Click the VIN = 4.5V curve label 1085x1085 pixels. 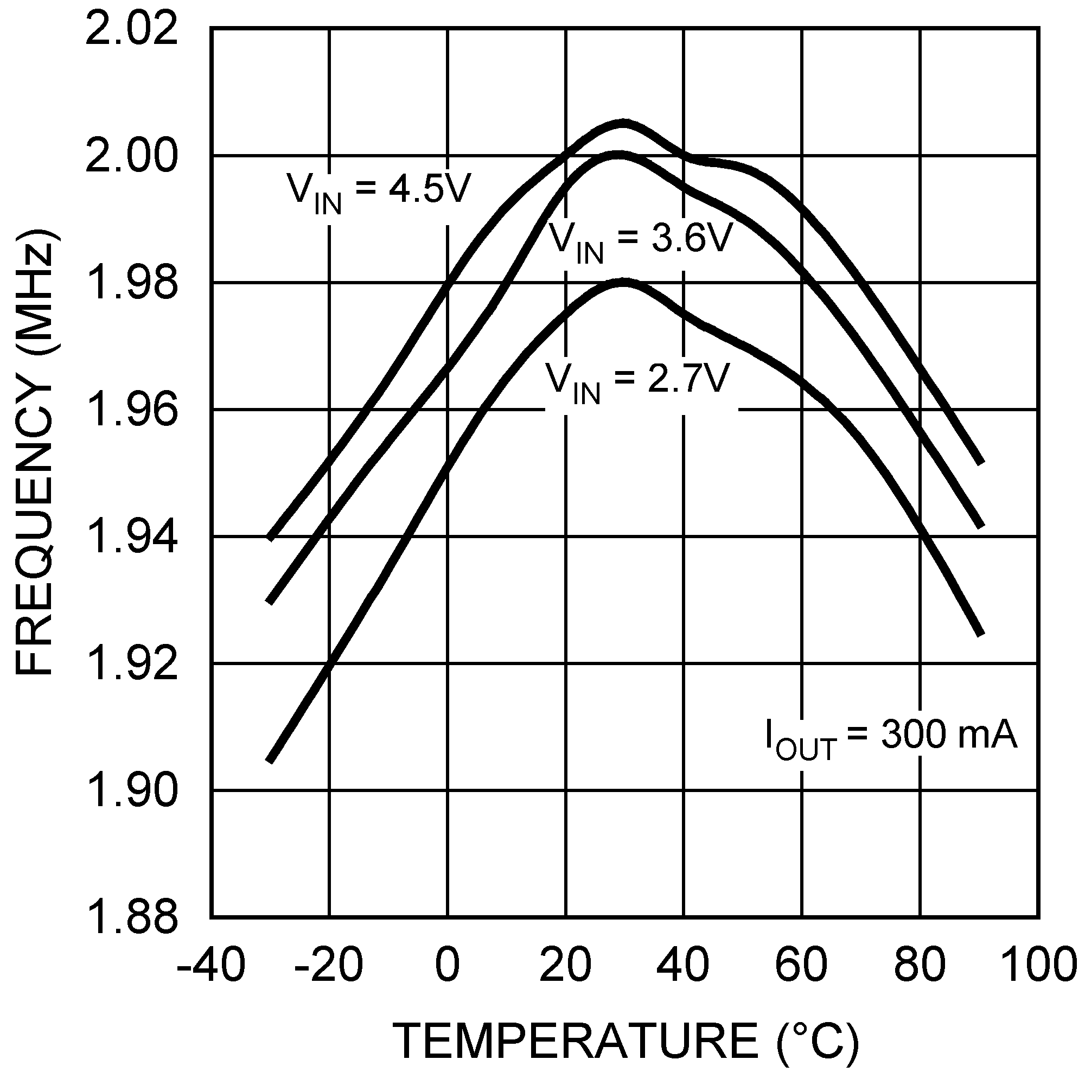click(378, 193)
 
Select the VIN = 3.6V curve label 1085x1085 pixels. click(640, 242)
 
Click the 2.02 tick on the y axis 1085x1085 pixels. click(131, 29)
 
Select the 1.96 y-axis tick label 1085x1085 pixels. click(131, 411)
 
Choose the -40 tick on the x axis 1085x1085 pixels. click(210, 966)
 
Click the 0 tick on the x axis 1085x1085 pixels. click(447, 966)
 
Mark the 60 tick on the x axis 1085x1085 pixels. click(801, 966)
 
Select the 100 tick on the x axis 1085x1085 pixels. click(1038, 966)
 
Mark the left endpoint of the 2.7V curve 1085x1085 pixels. click(270, 762)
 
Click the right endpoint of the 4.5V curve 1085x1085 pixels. click(981, 463)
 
